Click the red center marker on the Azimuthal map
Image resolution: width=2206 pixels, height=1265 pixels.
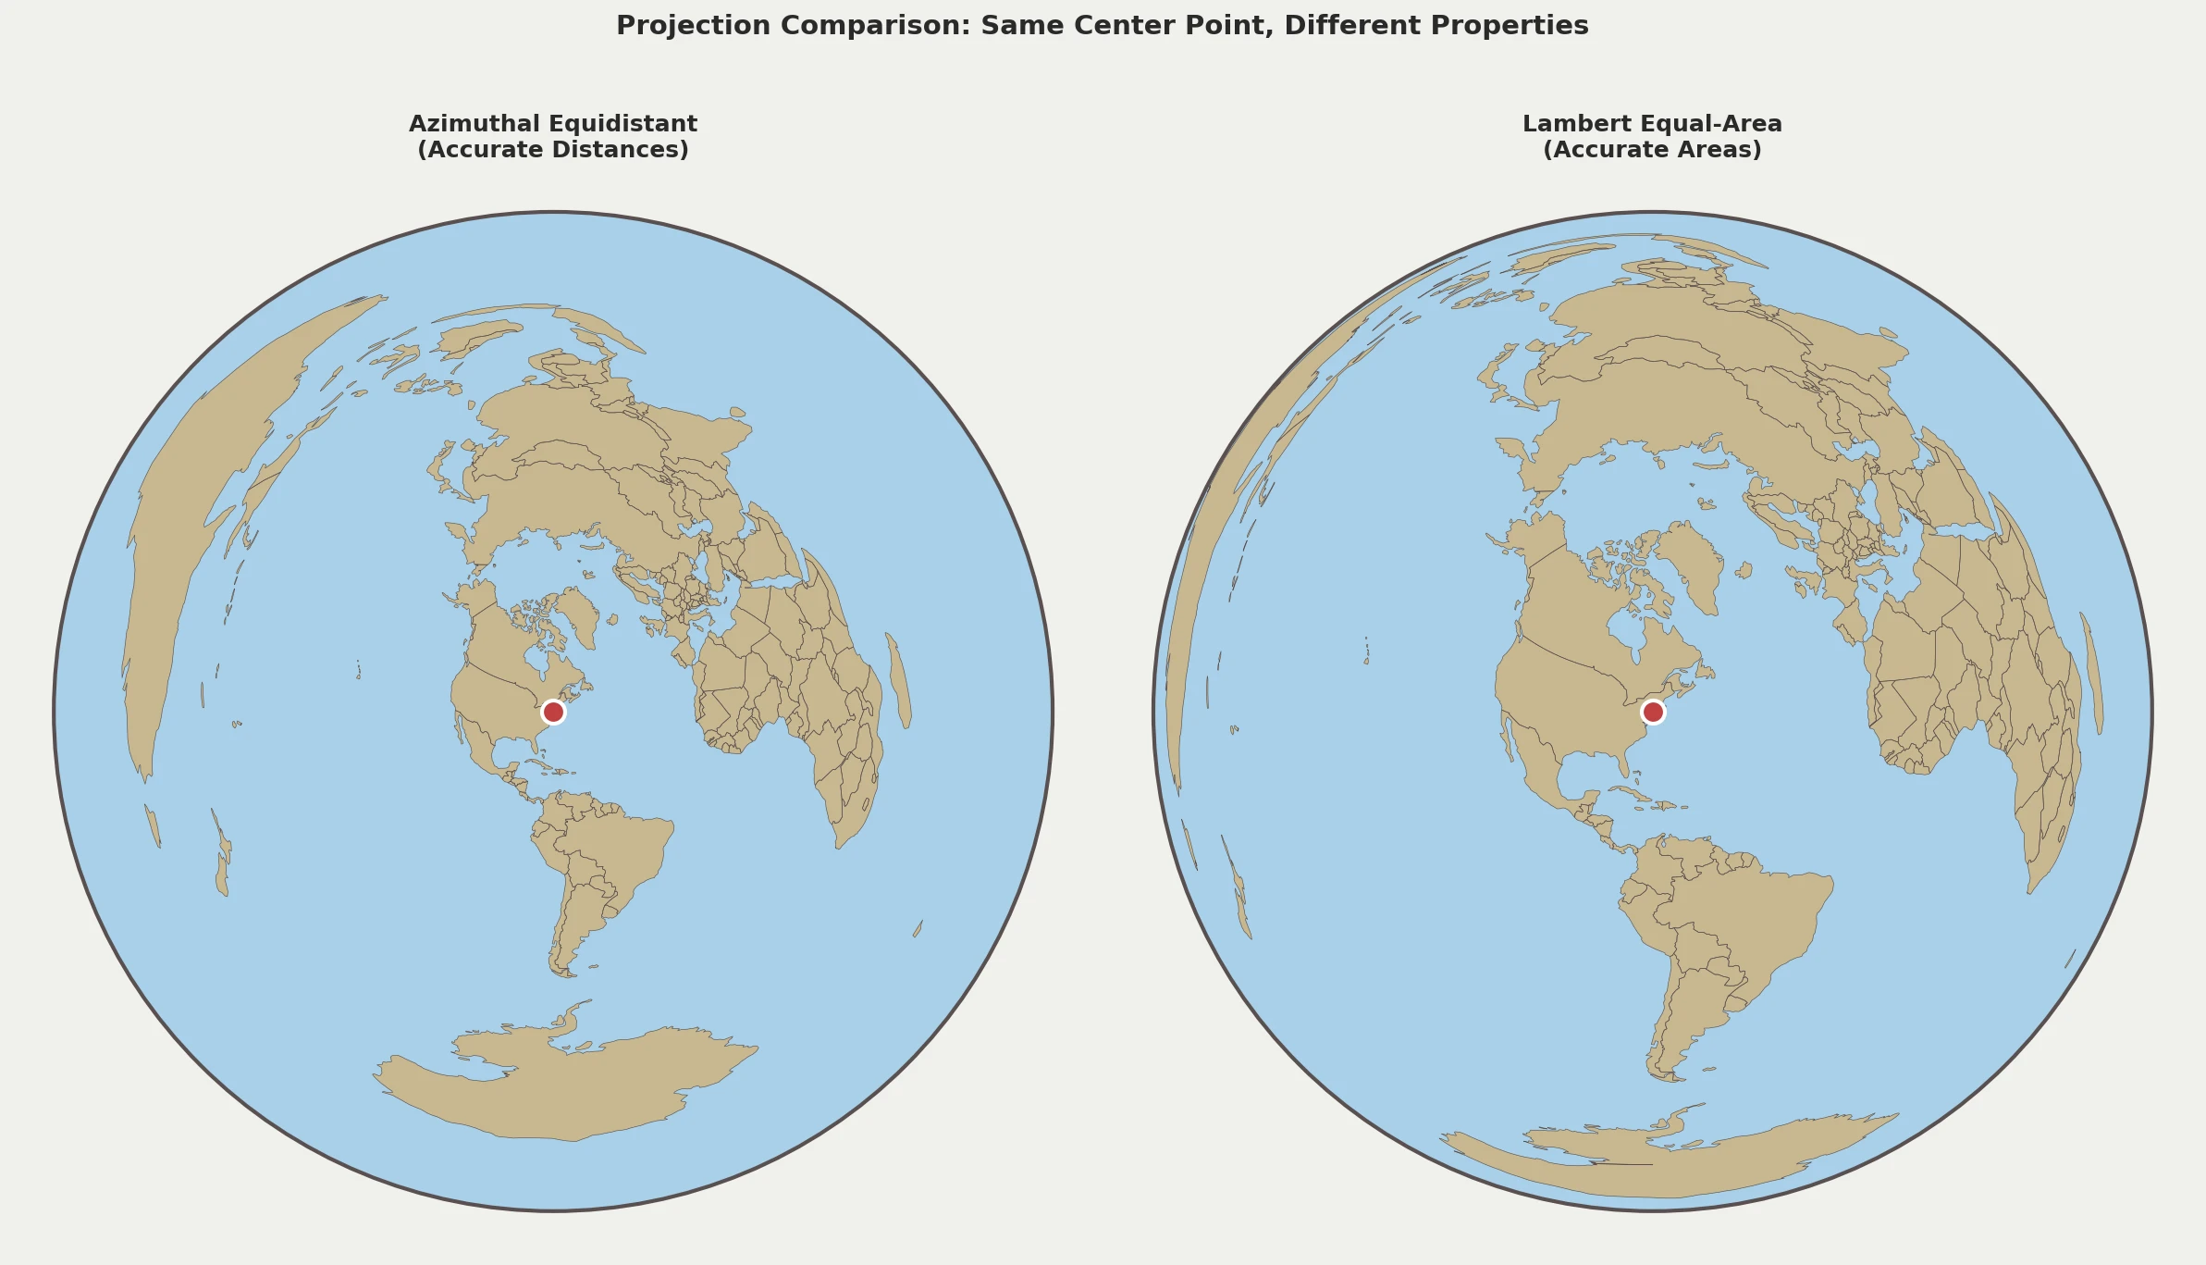click(x=553, y=712)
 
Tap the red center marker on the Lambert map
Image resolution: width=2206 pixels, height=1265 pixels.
click(x=1653, y=712)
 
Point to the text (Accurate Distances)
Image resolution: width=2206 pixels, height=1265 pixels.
click(x=553, y=150)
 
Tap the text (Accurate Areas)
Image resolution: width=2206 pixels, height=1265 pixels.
click(x=1652, y=150)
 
